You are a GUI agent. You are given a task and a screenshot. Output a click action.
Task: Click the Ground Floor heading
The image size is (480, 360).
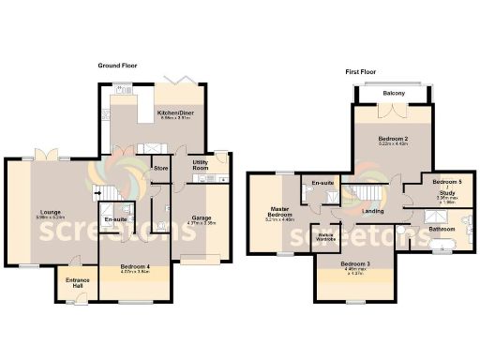[119, 66]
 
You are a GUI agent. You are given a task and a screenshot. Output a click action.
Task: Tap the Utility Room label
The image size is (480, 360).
[200, 165]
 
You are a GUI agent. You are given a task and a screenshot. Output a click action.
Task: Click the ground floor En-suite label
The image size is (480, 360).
[116, 219]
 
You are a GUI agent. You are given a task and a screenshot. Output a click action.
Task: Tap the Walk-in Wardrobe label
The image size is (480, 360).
[325, 236]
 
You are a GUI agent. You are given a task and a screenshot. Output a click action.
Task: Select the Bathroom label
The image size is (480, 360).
[442, 229]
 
